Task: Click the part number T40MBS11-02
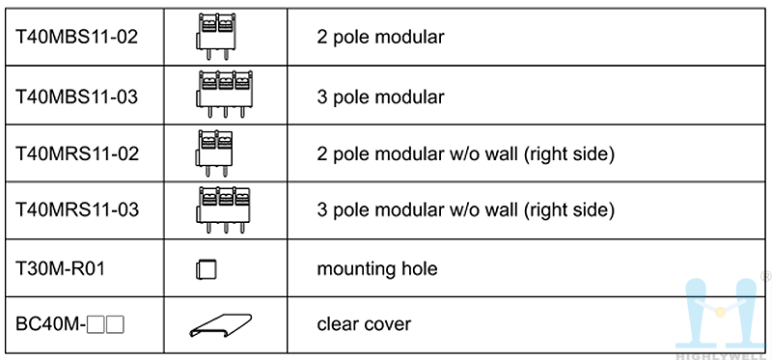[x=77, y=37]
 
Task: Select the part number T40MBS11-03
[x=77, y=97]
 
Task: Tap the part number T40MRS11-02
[x=77, y=153]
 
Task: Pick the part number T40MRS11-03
[x=77, y=210]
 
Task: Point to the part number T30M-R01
[x=60, y=269]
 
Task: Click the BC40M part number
[x=69, y=324]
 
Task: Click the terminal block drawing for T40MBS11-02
[x=214, y=37]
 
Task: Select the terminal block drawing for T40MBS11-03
[x=224, y=94]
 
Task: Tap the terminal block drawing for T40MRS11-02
[x=214, y=153]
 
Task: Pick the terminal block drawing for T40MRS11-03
[x=223, y=209]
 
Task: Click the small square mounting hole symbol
[x=207, y=269]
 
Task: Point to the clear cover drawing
[x=221, y=325]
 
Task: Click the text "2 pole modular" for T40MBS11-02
[x=380, y=38]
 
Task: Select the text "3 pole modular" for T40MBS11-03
[x=380, y=97]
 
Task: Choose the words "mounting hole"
[x=377, y=270]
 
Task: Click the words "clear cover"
[x=364, y=324]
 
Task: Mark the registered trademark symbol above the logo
[x=766, y=276]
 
